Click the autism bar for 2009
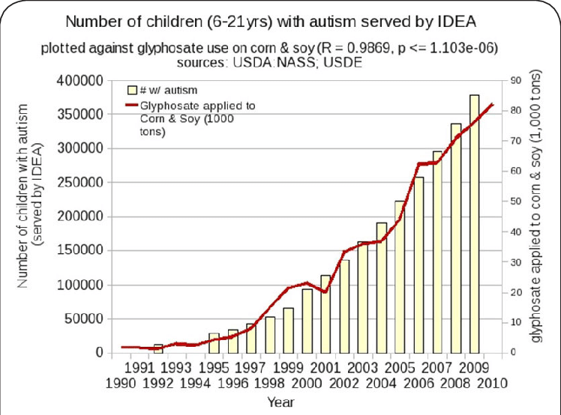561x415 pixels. point(474,225)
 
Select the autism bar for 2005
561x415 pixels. point(400,277)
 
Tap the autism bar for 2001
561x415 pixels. point(326,315)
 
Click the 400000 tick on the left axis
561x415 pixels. point(79,80)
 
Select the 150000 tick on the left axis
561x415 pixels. point(79,251)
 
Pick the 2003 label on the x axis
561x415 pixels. point(363,368)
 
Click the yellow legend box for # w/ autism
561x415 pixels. point(133,92)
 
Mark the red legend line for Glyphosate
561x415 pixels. point(133,106)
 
